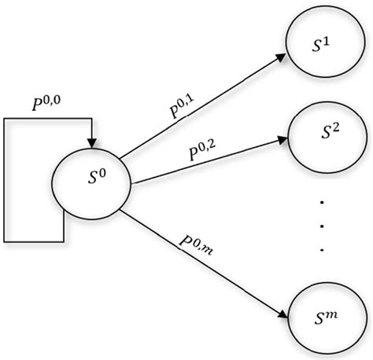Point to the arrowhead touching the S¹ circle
282,57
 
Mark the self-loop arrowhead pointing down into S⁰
93,141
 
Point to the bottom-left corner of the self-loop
5,239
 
